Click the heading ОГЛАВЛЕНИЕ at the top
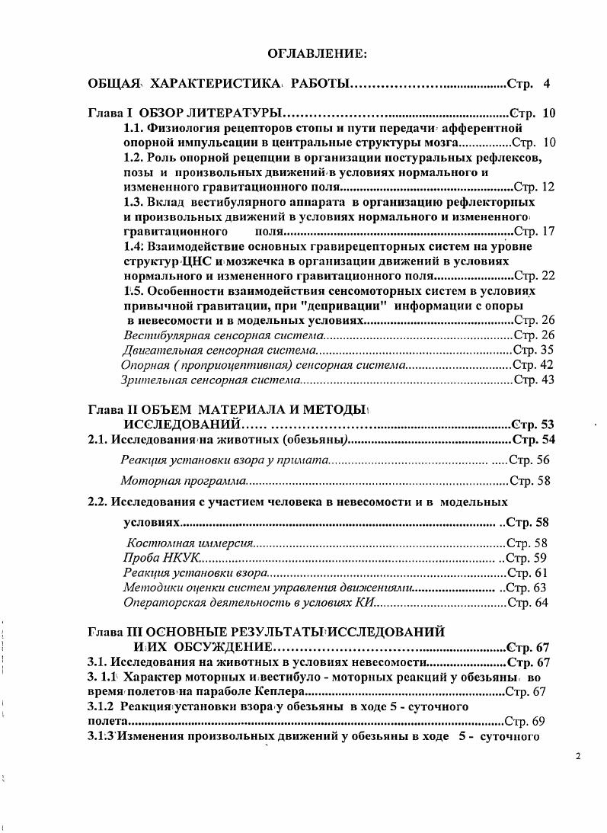(318, 53)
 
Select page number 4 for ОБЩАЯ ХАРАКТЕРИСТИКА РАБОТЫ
(546, 82)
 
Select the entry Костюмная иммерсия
(189, 543)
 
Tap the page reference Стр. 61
(527, 572)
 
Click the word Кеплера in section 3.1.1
(278, 692)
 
